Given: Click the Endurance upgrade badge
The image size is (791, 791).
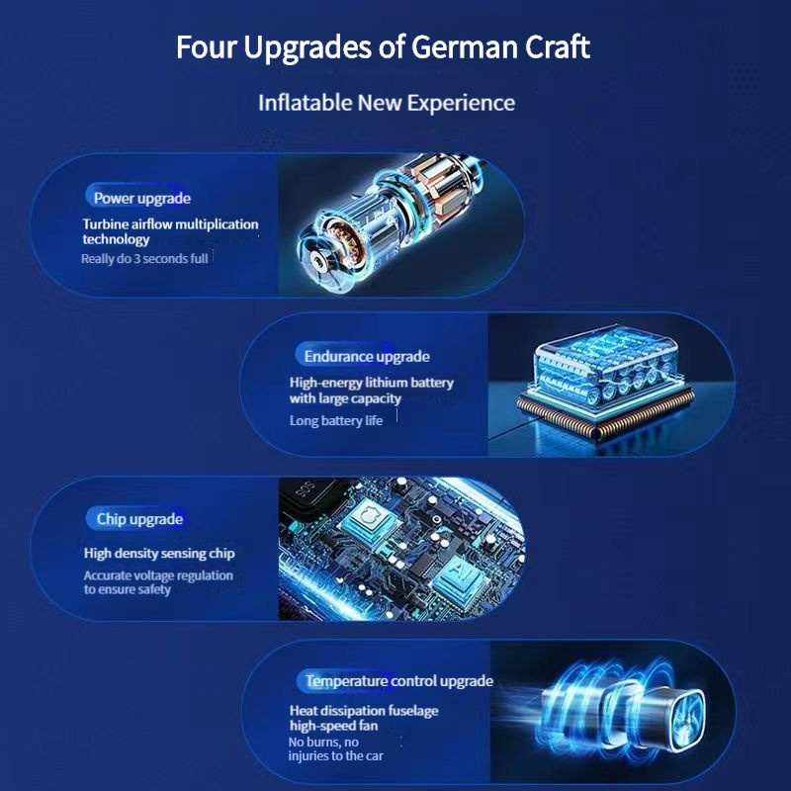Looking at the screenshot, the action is tap(364, 356).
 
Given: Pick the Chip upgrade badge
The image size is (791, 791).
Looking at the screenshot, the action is tap(135, 518).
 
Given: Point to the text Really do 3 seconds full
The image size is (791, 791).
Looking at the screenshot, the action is tap(144, 259).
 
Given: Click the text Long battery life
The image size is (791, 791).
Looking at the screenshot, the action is tap(336, 420).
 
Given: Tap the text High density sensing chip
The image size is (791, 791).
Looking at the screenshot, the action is tap(159, 554).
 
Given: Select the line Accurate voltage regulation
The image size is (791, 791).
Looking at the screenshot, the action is tap(158, 575).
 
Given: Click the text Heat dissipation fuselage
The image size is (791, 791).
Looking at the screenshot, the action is tap(364, 710).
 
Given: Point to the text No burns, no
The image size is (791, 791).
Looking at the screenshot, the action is tap(323, 743).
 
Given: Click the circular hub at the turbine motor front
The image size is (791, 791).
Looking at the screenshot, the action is tap(317, 261).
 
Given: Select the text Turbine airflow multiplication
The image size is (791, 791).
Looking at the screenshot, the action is tap(170, 224).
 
